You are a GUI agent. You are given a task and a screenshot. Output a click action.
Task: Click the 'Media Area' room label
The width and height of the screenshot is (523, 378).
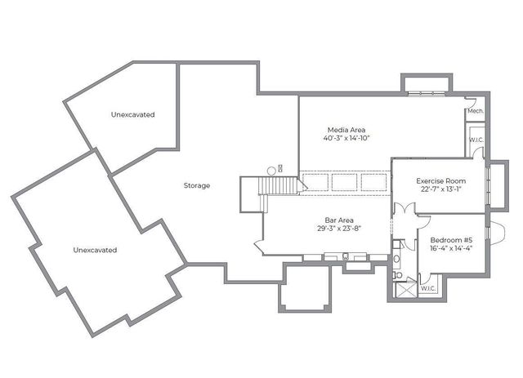346,130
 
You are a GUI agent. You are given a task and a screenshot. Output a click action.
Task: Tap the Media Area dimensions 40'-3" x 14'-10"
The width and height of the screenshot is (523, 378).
346,139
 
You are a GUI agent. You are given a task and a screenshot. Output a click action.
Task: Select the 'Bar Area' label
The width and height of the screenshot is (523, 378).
338,220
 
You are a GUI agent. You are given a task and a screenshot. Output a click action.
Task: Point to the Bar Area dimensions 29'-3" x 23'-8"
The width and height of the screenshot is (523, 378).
338,229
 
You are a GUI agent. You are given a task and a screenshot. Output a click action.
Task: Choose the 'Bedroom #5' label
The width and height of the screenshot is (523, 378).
450,240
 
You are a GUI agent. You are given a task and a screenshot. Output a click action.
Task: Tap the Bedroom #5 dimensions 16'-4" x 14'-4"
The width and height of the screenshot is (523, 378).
450,249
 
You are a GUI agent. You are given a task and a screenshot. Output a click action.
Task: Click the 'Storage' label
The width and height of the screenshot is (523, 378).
196,185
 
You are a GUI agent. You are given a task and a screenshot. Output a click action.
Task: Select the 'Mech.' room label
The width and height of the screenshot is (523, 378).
475,111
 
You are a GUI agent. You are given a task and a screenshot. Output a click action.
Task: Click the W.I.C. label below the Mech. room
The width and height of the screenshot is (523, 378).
476,140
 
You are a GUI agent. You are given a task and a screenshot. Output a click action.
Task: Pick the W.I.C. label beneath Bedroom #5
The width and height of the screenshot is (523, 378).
429,288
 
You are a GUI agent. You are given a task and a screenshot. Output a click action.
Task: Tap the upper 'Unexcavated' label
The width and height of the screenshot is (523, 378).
132,115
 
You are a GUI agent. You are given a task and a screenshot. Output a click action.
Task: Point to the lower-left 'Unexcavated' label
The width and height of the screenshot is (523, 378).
94,249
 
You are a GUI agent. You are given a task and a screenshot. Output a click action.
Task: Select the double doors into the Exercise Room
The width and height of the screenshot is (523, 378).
400,208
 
